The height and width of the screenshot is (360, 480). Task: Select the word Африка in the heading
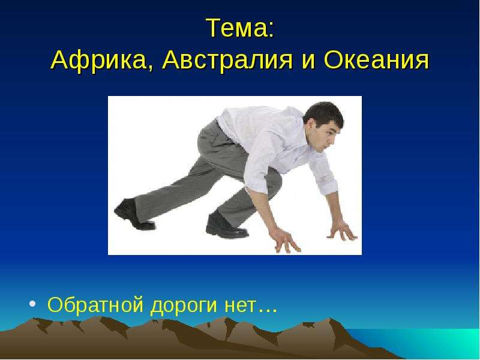pos(98,60)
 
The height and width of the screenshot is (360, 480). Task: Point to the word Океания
pos(377,60)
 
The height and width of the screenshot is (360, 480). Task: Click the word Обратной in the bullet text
pos(95,304)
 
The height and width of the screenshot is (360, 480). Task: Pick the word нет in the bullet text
pos(240,305)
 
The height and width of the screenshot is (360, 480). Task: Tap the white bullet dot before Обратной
pos(32,304)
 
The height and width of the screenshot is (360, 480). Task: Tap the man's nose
pos(332,139)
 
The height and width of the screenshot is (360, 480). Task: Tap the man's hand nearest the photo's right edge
pos(343,231)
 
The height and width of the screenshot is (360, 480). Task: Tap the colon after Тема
pos(271,31)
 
